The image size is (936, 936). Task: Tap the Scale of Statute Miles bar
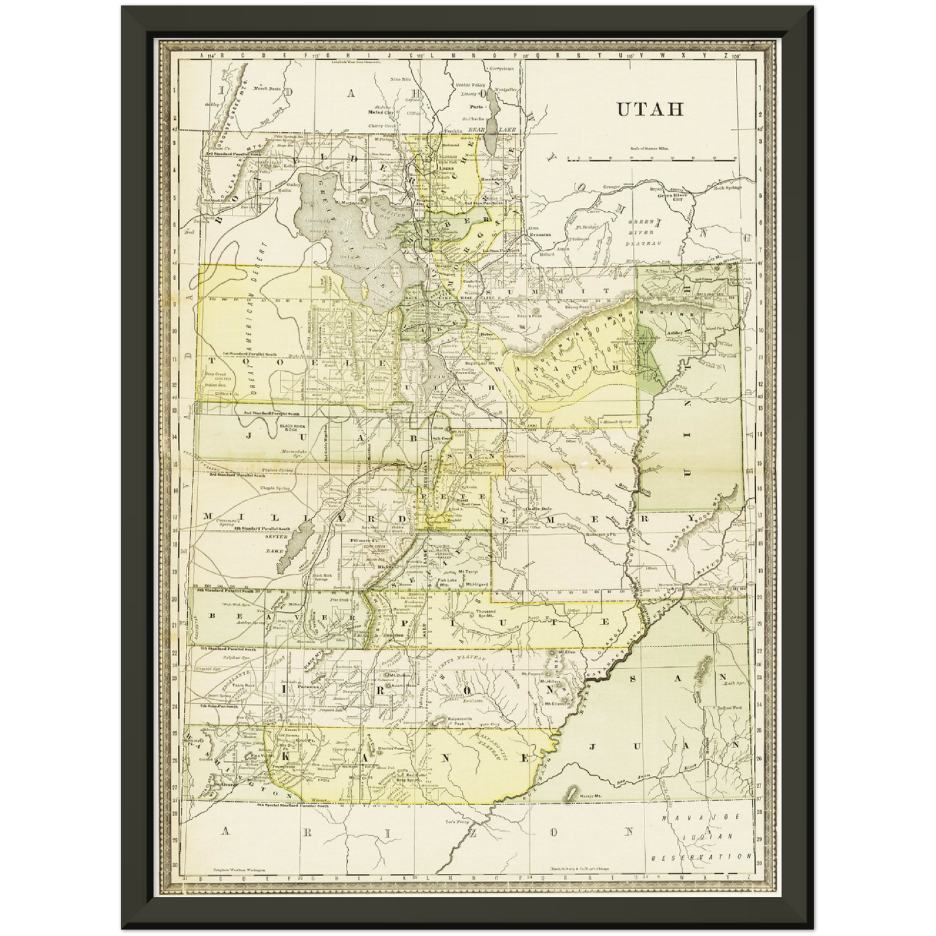point(651,158)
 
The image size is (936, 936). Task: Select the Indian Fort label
point(728,707)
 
